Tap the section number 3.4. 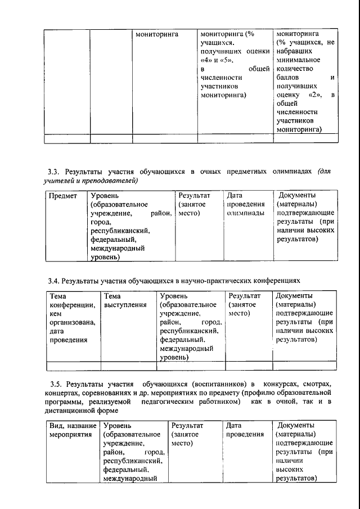53,280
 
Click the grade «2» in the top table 316,95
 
